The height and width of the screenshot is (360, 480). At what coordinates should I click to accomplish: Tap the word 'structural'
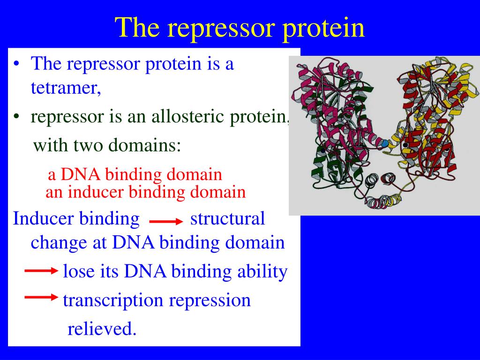227,218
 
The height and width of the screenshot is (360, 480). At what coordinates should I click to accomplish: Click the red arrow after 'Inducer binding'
166,222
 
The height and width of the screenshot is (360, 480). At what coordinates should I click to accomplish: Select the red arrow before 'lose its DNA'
41,270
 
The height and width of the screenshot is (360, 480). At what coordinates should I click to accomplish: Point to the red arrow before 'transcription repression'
41,297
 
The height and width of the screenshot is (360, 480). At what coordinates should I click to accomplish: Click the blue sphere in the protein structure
384,143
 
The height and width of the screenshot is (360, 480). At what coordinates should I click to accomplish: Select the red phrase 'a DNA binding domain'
135,174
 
